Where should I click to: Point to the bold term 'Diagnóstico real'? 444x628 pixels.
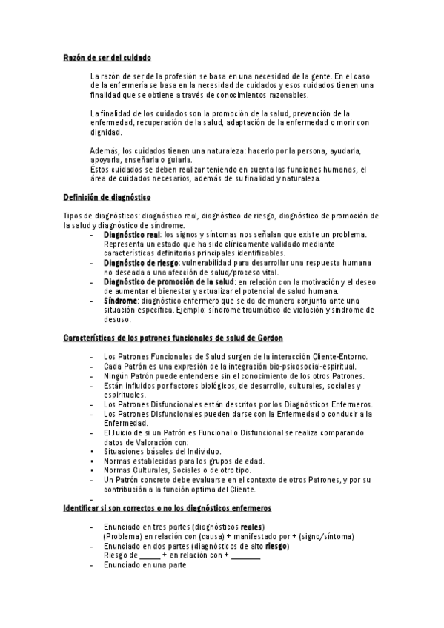pos(132,234)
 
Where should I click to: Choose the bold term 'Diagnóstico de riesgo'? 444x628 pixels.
pos(141,262)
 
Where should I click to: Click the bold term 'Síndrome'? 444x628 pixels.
pos(119,301)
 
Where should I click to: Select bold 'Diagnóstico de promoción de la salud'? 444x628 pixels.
pos(168,281)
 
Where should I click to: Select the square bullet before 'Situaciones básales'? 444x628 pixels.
pos(90,450)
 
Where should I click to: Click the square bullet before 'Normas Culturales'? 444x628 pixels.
pos(90,470)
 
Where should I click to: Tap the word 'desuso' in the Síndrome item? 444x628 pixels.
pos(117,320)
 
